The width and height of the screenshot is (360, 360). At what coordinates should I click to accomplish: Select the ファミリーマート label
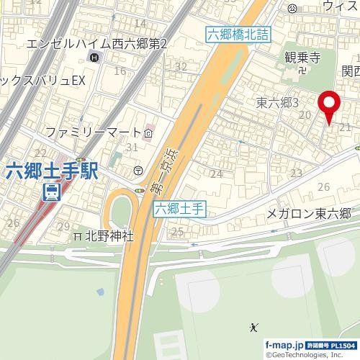click(94, 132)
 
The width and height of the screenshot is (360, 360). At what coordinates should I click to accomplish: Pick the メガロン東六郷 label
click(308, 213)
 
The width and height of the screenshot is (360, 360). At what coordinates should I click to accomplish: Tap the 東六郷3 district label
click(277, 104)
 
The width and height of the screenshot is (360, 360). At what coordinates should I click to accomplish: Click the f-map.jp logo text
click(284, 346)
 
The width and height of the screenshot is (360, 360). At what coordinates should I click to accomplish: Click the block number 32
click(181, 67)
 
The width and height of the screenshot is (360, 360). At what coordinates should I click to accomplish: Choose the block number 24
click(215, 174)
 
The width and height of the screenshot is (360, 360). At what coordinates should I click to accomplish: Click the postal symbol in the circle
click(138, 170)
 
